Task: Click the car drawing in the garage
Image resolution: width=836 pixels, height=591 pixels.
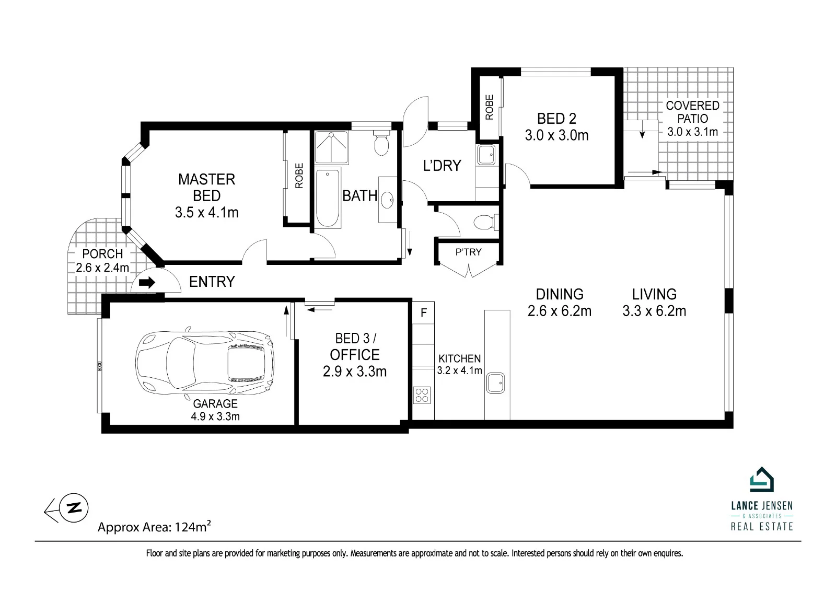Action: pos(204,363)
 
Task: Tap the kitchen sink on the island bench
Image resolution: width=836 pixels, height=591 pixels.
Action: pos(495,383)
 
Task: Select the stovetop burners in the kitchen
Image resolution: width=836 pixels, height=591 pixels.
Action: pos(422,395)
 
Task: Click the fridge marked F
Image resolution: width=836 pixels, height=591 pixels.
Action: pos(424,312)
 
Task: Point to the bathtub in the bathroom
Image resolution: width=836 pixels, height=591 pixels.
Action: pos(327,198)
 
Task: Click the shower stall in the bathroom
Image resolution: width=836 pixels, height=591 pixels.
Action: pos(331,147)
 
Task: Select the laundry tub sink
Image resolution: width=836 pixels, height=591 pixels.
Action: pos(486,155)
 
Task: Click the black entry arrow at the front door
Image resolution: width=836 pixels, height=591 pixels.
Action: pos(147,282)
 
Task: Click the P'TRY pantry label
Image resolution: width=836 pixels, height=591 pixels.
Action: pos(468,252)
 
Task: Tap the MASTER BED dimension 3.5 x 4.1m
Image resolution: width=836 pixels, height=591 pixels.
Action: pos(207,213)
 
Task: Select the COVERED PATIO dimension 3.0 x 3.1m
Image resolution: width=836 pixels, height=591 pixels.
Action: pos(693,132)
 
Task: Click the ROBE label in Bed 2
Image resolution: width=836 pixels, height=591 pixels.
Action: pos(489,107)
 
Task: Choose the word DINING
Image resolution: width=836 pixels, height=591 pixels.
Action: pos(560,294)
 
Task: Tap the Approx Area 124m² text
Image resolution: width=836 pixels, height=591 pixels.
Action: pos(154,527)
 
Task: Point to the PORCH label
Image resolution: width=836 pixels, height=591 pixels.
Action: pos(102,254)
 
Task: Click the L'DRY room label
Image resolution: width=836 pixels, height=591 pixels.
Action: pos(442,166)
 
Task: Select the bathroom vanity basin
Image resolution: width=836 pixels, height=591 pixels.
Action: pos(388,200)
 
